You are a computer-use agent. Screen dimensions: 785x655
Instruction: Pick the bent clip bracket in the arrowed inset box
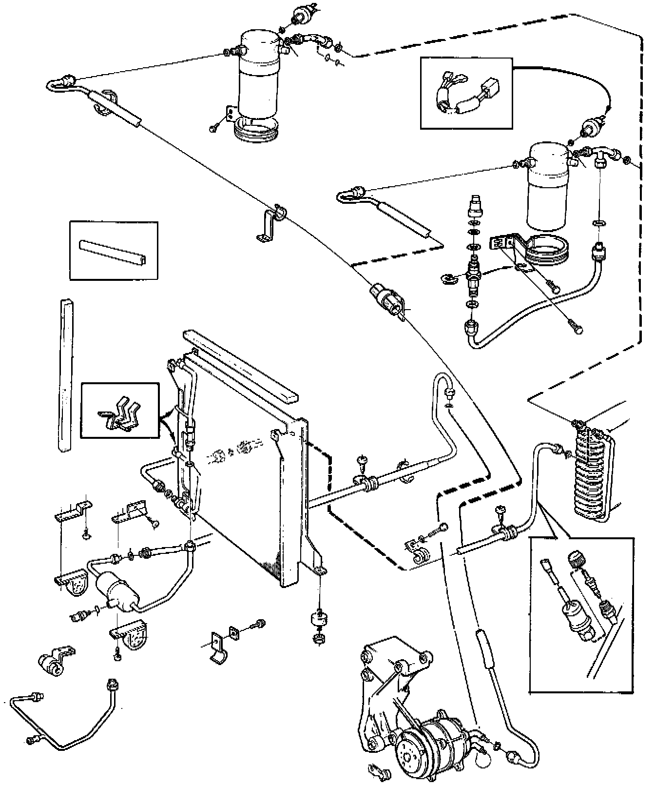119,412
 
